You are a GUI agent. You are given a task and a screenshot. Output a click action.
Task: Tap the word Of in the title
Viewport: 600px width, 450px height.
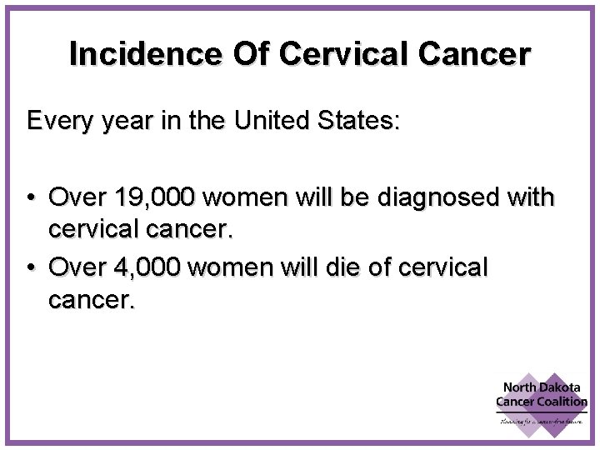point(251,54)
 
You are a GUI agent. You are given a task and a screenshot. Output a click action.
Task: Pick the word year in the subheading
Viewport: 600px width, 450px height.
point(124,122)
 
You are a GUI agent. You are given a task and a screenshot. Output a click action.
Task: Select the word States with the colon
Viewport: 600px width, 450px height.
point(360,121)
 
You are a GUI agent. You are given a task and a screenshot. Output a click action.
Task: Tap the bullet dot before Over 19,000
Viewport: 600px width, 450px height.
point(30,198)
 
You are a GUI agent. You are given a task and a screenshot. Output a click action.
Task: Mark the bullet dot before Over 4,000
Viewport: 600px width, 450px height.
point(30,268)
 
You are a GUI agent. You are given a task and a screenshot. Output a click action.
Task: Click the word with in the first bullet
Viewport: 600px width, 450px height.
point(529,197)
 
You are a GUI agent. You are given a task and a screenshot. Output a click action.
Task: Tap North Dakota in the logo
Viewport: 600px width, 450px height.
point(542,387)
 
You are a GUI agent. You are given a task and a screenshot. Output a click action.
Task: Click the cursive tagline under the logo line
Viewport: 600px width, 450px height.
point(542,422)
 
